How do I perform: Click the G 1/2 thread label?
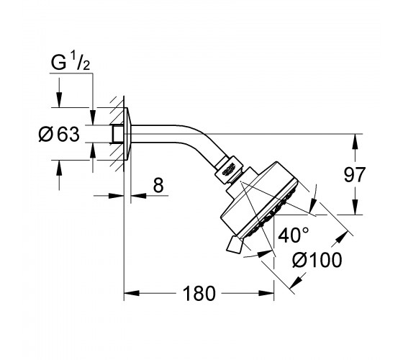[71, 63]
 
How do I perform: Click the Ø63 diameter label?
[59, 134]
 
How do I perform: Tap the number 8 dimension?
[158, 185]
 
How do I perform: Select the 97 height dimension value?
[354, 174]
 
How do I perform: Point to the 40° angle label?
[294, 235]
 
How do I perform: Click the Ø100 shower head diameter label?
[317, 260]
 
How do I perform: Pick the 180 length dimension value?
[199, 294]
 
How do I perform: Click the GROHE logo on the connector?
[229, 171]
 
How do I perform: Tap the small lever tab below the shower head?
[234, 245]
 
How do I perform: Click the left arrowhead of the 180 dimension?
[132, 293]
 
